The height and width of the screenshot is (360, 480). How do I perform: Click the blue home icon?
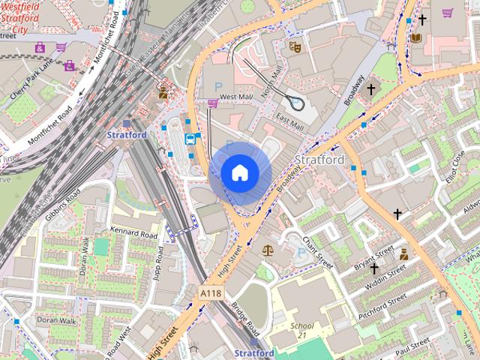tap(240, 172)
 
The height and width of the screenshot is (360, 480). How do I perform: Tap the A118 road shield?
tap(211, 293)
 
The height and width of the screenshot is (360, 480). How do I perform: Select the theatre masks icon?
tap(295, 46)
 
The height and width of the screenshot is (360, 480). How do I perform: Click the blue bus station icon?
tap(192, 139)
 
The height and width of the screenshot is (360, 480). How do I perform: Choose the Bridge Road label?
tap(245, 318)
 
